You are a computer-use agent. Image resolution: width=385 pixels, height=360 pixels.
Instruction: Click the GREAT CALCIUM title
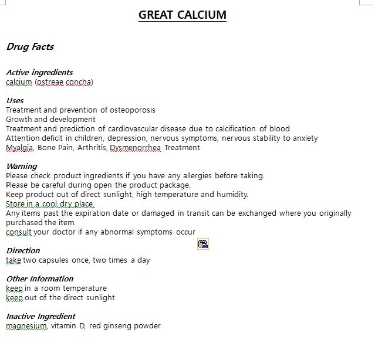tap(182, 15)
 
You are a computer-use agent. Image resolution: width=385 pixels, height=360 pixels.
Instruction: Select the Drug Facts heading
tap(30, 47)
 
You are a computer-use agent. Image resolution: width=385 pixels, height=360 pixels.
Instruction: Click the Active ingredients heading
tap(39, 72)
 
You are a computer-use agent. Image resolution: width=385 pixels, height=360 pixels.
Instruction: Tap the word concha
tap(79, 82)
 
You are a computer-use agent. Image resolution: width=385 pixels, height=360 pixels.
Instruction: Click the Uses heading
tap(15, 100)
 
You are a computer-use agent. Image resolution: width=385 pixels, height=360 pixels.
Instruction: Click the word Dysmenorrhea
tap(135, 148)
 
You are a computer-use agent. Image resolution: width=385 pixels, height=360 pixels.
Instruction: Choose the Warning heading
tap(22, 166)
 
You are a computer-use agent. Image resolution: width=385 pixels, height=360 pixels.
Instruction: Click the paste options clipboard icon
tap(203, 244)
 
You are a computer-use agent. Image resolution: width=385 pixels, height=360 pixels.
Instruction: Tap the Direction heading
tap(23, 250)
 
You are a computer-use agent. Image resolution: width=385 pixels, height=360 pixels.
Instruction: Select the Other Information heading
tap(39, 279)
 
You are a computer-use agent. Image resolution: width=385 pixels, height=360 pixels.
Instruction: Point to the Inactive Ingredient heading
tap(40, 316)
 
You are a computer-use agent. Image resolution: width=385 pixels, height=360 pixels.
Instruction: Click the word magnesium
tap(26, 326)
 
